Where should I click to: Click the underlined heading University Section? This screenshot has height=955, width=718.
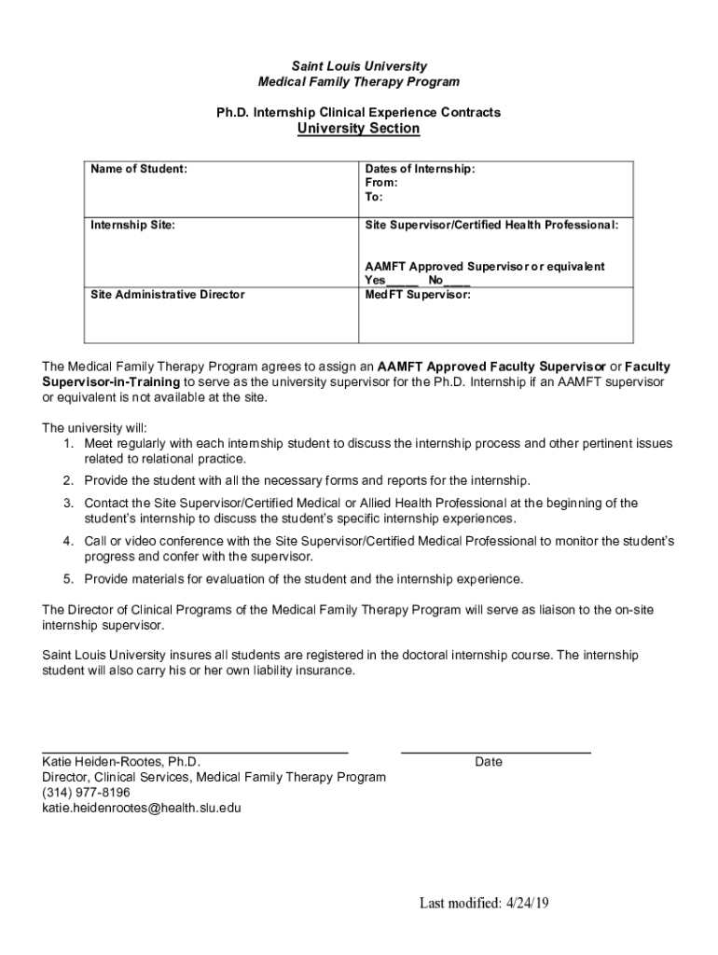point(358,129)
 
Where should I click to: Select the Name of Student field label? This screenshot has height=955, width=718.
point(139,169)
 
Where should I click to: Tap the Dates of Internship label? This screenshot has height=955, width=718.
point(420,169)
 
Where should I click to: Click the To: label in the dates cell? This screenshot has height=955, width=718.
point(374,197)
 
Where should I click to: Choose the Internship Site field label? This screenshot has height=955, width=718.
point(132,225)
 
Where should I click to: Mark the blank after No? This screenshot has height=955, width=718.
point(457,281)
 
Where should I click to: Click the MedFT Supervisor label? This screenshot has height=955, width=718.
point(418,294)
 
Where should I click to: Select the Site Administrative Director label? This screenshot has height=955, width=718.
point(168,294)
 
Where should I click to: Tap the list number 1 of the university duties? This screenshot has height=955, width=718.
point(69,443)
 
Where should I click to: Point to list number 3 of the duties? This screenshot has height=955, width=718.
point(69,503)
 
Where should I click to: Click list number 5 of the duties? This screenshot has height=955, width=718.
point(69,578)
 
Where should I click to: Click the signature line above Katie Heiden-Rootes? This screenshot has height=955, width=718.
point(195,751)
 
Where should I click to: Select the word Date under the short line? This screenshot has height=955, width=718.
point(489,762)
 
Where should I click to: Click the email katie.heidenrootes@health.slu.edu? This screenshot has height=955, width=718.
point(142,808)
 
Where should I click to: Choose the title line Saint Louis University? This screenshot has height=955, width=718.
point(359,66)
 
